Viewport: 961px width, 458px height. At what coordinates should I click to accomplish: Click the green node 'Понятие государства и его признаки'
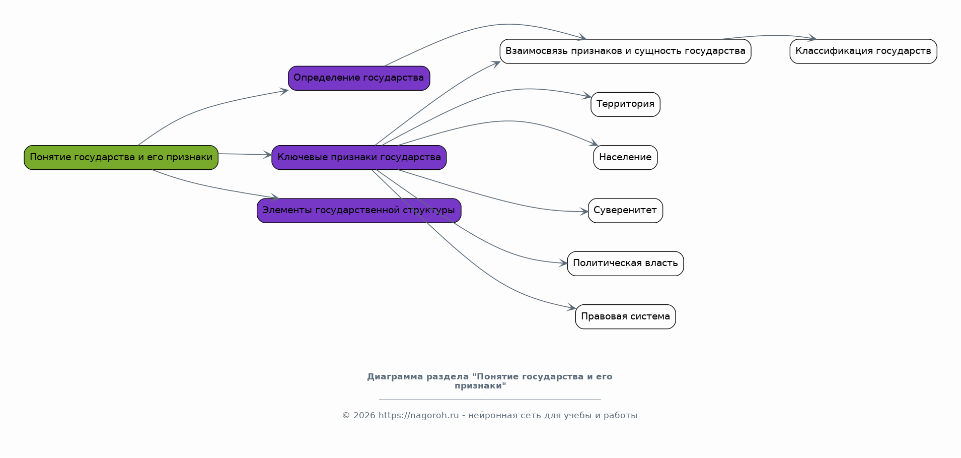point(121,158)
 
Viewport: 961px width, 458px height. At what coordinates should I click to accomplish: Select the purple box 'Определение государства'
point(359,78)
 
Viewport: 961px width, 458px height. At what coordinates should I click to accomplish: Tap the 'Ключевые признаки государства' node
point(359,158)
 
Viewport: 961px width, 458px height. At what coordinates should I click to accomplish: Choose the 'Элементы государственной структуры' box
point(359,211)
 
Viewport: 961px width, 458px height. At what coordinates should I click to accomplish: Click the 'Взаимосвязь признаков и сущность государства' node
point(625,51)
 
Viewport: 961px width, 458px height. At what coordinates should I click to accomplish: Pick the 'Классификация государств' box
point(863,51)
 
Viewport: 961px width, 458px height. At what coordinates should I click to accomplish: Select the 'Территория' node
point(625,104)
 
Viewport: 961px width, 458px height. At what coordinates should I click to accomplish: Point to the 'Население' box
point(625,158)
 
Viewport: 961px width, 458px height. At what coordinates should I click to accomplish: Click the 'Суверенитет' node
point(625,211)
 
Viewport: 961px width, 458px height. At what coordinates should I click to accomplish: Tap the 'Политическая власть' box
point(625,264)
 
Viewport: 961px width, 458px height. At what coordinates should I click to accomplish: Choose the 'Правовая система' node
point(625,317)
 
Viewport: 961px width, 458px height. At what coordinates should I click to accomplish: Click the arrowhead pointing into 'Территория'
point(587,96)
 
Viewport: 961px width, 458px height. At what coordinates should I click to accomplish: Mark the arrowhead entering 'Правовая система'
point(571,307)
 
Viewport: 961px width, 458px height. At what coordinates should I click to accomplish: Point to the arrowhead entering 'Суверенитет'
point(584,212)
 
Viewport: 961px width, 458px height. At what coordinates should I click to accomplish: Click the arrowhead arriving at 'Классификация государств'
point(811,38)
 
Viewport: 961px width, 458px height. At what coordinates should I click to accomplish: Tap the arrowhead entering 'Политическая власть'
point(563,263)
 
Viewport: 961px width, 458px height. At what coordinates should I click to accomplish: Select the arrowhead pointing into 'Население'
point(594,144)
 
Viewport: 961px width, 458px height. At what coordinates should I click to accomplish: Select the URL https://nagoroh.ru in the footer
point(419,416)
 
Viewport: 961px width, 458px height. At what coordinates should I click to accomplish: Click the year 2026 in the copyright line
point(364,416)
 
